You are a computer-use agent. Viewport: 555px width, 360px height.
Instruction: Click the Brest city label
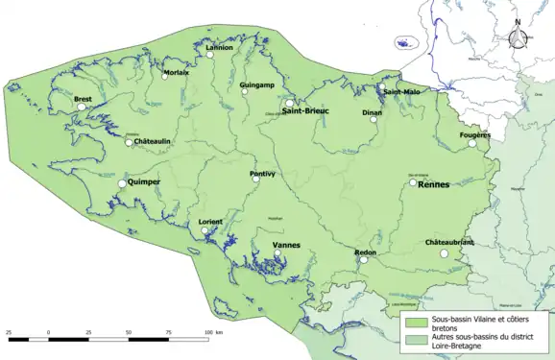83,99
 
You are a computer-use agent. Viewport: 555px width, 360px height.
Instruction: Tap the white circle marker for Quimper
122,183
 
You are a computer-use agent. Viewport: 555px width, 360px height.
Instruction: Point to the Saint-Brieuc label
305,111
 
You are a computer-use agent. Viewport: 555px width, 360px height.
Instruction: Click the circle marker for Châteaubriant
444,253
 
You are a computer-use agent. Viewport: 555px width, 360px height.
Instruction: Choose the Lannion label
220,47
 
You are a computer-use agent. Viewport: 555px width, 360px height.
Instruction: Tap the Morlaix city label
176,72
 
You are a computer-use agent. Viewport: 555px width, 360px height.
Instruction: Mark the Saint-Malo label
400,92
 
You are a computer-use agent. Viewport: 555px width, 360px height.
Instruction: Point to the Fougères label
474,135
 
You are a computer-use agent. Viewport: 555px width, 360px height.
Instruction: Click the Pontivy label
262,174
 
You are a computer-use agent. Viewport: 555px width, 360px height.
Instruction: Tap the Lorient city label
210,222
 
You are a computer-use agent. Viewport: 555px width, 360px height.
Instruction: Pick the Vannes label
286,245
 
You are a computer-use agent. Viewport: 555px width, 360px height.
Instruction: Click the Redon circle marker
362,259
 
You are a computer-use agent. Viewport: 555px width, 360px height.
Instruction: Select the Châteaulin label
152,141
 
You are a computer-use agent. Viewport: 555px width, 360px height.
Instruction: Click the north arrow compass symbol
518,37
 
